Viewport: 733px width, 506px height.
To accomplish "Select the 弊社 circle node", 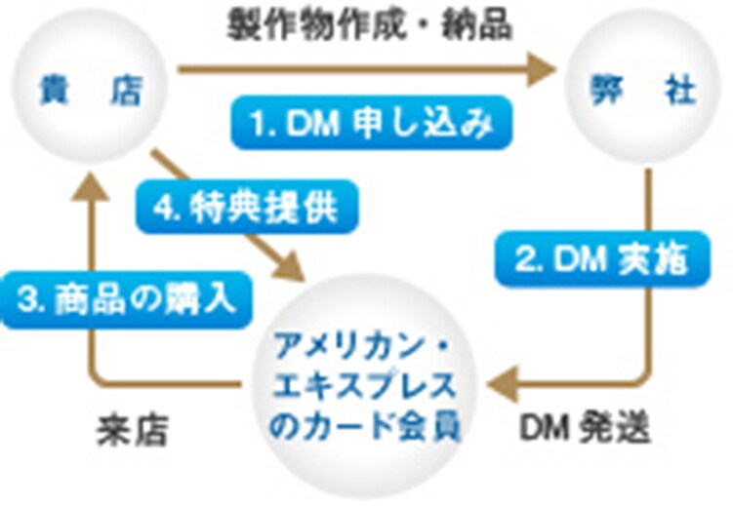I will pyautogui.click(x=643, y=91).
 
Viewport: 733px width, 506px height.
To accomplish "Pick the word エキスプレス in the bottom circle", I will pyautogui.click(x=365, y=387).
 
